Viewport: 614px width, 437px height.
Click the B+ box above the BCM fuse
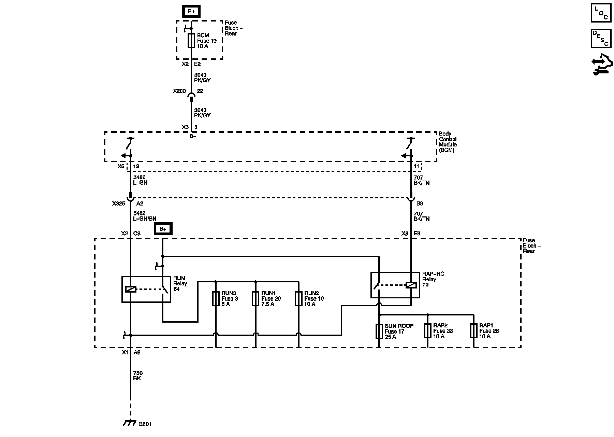(x=191, y=12)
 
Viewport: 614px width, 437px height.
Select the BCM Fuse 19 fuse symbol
(x=191, y=41)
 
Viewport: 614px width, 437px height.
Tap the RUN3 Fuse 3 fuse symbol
(x=216, y=298)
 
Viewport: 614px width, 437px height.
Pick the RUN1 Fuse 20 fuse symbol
(x=255, y=298)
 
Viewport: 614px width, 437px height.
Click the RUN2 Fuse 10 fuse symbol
(x=298, y=298)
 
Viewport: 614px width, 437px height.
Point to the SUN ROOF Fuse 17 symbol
(x=379, y=331)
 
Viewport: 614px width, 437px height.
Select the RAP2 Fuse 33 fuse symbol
(x=427, y=331)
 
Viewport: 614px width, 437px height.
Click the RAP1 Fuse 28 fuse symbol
(x=473, y=331)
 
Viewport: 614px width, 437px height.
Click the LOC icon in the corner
(x=601, y=13)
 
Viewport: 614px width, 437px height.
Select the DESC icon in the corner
(x=601, y=38)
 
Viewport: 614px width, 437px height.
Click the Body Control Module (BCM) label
(x=448, y=142)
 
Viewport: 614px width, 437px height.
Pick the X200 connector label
(x=179, y=91)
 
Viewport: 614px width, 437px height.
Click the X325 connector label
(x=119, y=203)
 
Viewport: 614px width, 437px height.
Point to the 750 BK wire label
(x=137, y=376)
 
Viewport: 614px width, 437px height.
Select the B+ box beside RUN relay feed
(x=163, y=229)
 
